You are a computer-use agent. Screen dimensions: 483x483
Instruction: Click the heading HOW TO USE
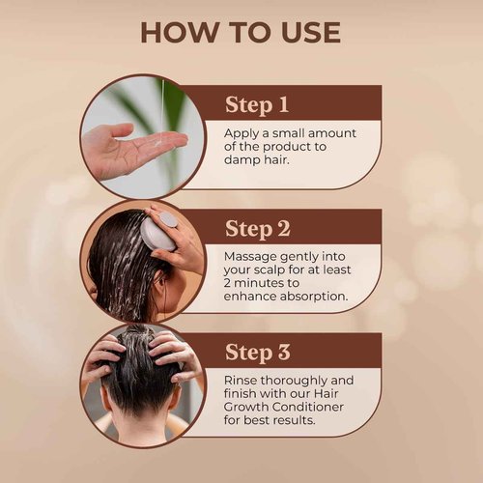click(241, 31)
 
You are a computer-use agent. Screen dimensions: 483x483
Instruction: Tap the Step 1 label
click(256, 103)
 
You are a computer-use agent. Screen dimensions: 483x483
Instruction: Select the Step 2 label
click(257, 229)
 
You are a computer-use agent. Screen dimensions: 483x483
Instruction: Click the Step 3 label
click(257, 352)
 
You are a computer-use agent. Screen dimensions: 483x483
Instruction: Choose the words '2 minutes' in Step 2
click(256, 286)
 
